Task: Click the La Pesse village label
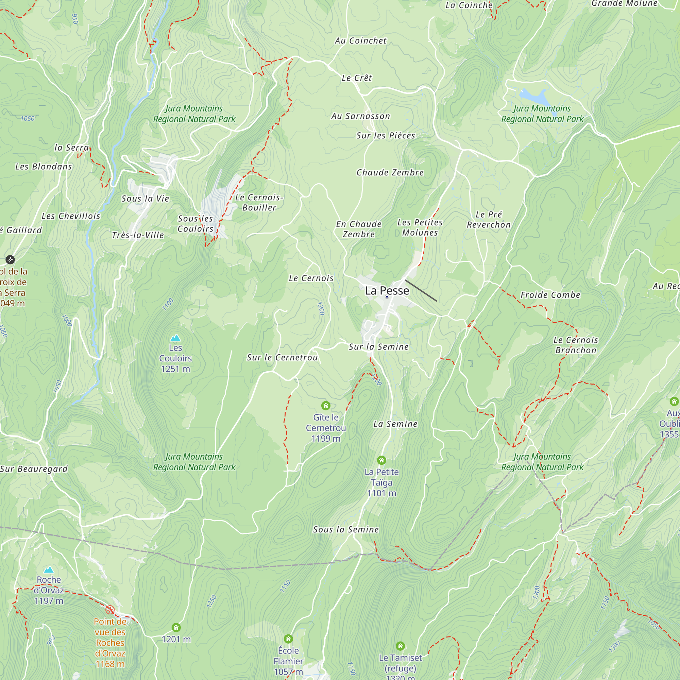[x=387, y=291]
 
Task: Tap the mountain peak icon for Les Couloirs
[x=175, y=338]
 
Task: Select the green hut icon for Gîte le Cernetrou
[x=326, y=406]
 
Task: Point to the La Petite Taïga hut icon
[x=381, y=460]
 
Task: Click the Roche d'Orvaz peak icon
[x=49, y=569]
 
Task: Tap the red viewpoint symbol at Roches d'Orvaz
[x=110, y=610]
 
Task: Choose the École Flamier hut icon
[x=288, y=639]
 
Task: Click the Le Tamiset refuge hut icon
[x=400, y=646]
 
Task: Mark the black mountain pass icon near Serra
[x=10, y=260]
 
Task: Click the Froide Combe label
[x=550, y=295]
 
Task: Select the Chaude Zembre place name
[x=390, y=172]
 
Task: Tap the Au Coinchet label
[x=360, y=41]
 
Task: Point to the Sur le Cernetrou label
[x=282, y=358]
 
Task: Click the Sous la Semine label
[x=346, y=529]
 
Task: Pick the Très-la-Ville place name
[x=138, y=235]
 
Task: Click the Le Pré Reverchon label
[x=489, y=220]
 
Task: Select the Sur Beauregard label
[x=34, y=469]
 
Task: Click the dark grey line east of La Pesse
[x=421, y=291]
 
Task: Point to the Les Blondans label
[x=43, y=167]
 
